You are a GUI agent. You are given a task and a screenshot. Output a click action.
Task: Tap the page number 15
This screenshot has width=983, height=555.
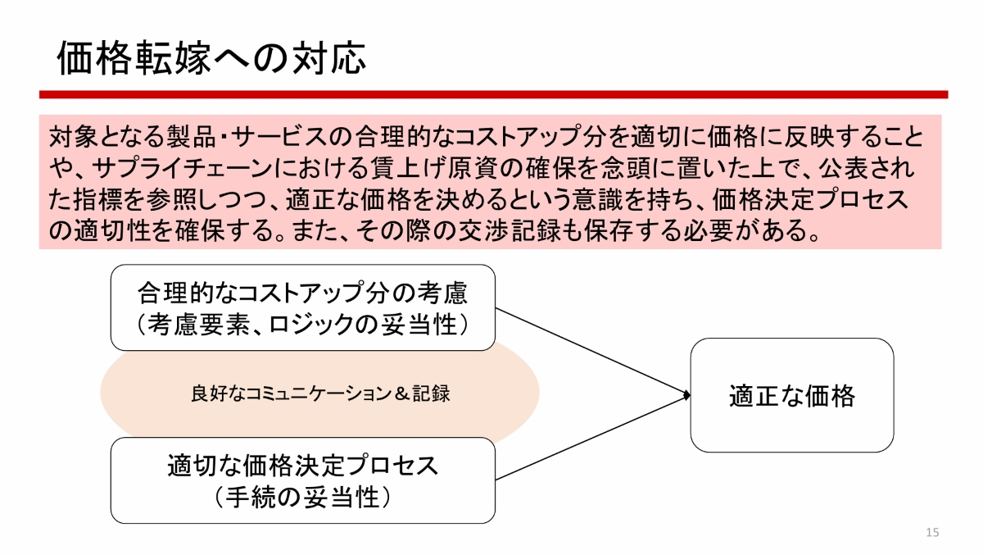coord(932,533)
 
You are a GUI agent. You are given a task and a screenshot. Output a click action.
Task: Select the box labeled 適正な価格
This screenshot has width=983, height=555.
coord(791,395)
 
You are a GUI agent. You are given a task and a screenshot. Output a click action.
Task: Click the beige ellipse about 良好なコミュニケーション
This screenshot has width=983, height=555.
coord(319,394)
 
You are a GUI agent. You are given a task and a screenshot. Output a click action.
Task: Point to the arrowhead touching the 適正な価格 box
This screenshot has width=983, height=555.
coord(686,396)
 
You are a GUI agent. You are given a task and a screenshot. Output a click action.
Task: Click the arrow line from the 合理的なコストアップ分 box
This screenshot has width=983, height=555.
coord(590,353)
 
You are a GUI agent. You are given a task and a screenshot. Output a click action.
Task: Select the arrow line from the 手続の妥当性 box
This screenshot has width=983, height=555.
coord(590,439)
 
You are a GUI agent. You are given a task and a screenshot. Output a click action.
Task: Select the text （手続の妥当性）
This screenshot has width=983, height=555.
coord(302,497)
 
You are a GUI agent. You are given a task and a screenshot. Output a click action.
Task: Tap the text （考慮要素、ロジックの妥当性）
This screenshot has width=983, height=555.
coord(302,324)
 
